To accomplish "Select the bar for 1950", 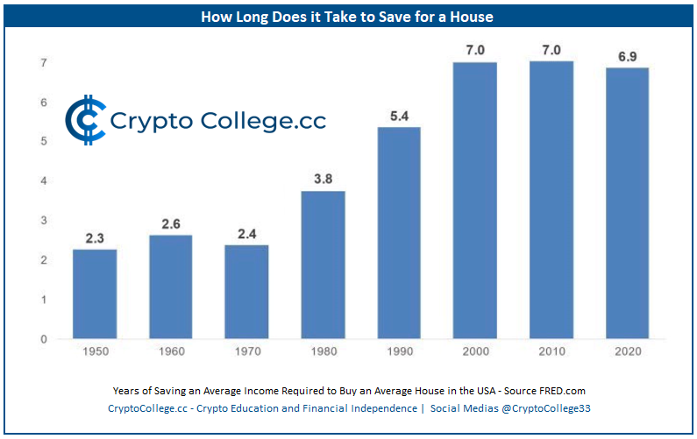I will click(x=95, y=294).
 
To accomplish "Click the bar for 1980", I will click(x=323, y=265).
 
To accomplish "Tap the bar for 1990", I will click(x=399, y=233).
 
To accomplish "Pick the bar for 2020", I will click(x=627, y=203).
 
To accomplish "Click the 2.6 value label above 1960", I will click(x=170, y=224).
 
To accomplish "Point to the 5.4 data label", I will click(x=399, y=117).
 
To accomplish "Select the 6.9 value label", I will click(x=627, y=56).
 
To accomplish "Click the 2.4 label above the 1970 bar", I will click(x=246, y=234).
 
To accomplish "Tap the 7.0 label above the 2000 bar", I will click(x=475, y=51).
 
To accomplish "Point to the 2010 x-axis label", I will click(x=551, y=351).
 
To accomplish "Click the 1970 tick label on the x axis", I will click(x=246, y=351).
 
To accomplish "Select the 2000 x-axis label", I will click(x=475, y=351).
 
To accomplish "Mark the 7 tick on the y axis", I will click(x=43, y=63).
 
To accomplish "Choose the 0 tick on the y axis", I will click(x=43, y=339).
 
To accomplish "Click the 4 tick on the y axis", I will click(x=43, y=181).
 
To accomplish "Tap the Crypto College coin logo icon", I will click(x=84, y=120).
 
